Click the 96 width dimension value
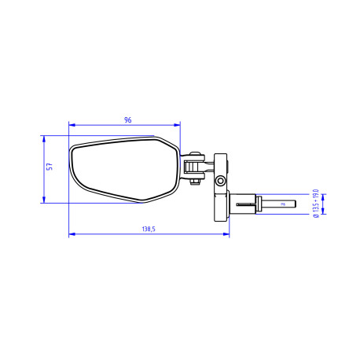pyautogui.click(x=128, y=119)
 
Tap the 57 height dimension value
pyautogui.click(x=49, y=168)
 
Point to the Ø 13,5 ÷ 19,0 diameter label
pyautogui.click(x=315, y=204)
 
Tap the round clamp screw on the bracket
pyautogui.click(x=221, y=182)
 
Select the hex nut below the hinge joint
pyautogui.click(x=193, y=183)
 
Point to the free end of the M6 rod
pyautogui.click(x=294, y=205)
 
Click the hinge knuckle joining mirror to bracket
pyautogui.click(x=193, y=164)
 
